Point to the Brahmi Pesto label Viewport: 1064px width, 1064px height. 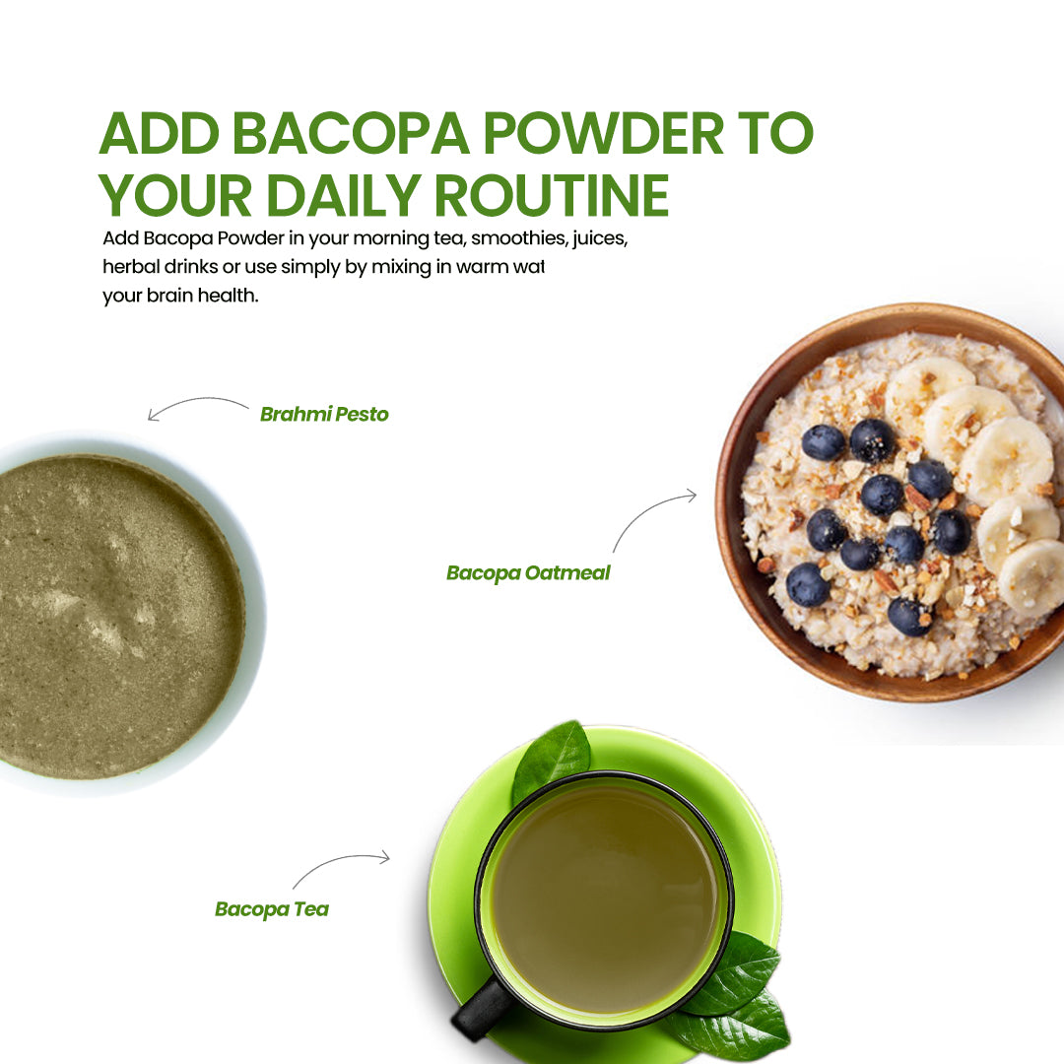(324, 415)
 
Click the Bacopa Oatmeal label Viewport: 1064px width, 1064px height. (528, 573)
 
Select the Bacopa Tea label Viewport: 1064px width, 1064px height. (272, 909)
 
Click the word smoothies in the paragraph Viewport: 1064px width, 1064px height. (511, 239)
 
